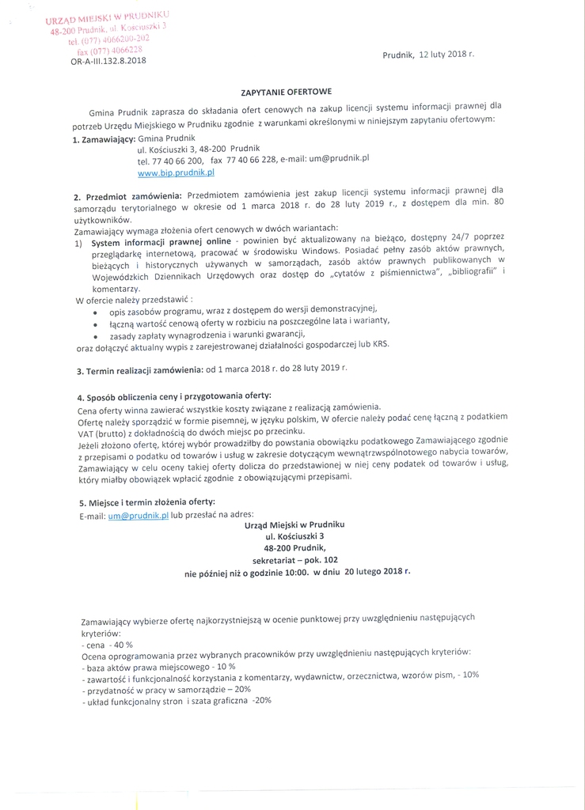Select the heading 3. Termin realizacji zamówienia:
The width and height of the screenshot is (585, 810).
139,369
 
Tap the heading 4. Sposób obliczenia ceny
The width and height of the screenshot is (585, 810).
173,396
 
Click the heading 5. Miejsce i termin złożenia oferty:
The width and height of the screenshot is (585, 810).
146,502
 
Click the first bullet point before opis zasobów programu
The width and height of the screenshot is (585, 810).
96,312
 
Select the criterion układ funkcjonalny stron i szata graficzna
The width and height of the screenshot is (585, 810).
176,700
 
